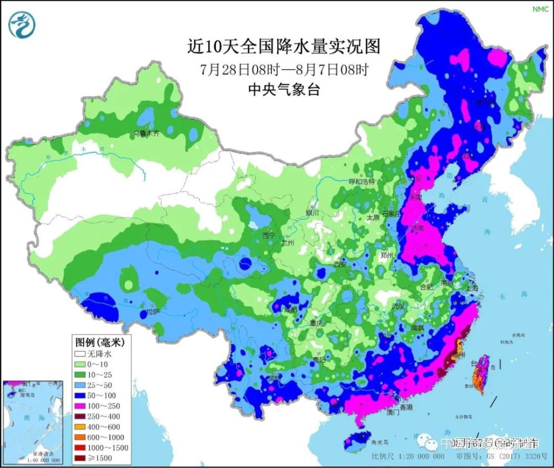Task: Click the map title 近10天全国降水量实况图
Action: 284,47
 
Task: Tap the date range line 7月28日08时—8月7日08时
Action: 284,70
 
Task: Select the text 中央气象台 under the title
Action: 284,90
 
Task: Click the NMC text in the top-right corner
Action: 540,9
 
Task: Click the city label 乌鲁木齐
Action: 146,133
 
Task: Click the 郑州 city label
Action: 386,255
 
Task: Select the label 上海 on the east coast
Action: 473,287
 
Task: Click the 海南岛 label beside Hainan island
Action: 381,442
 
